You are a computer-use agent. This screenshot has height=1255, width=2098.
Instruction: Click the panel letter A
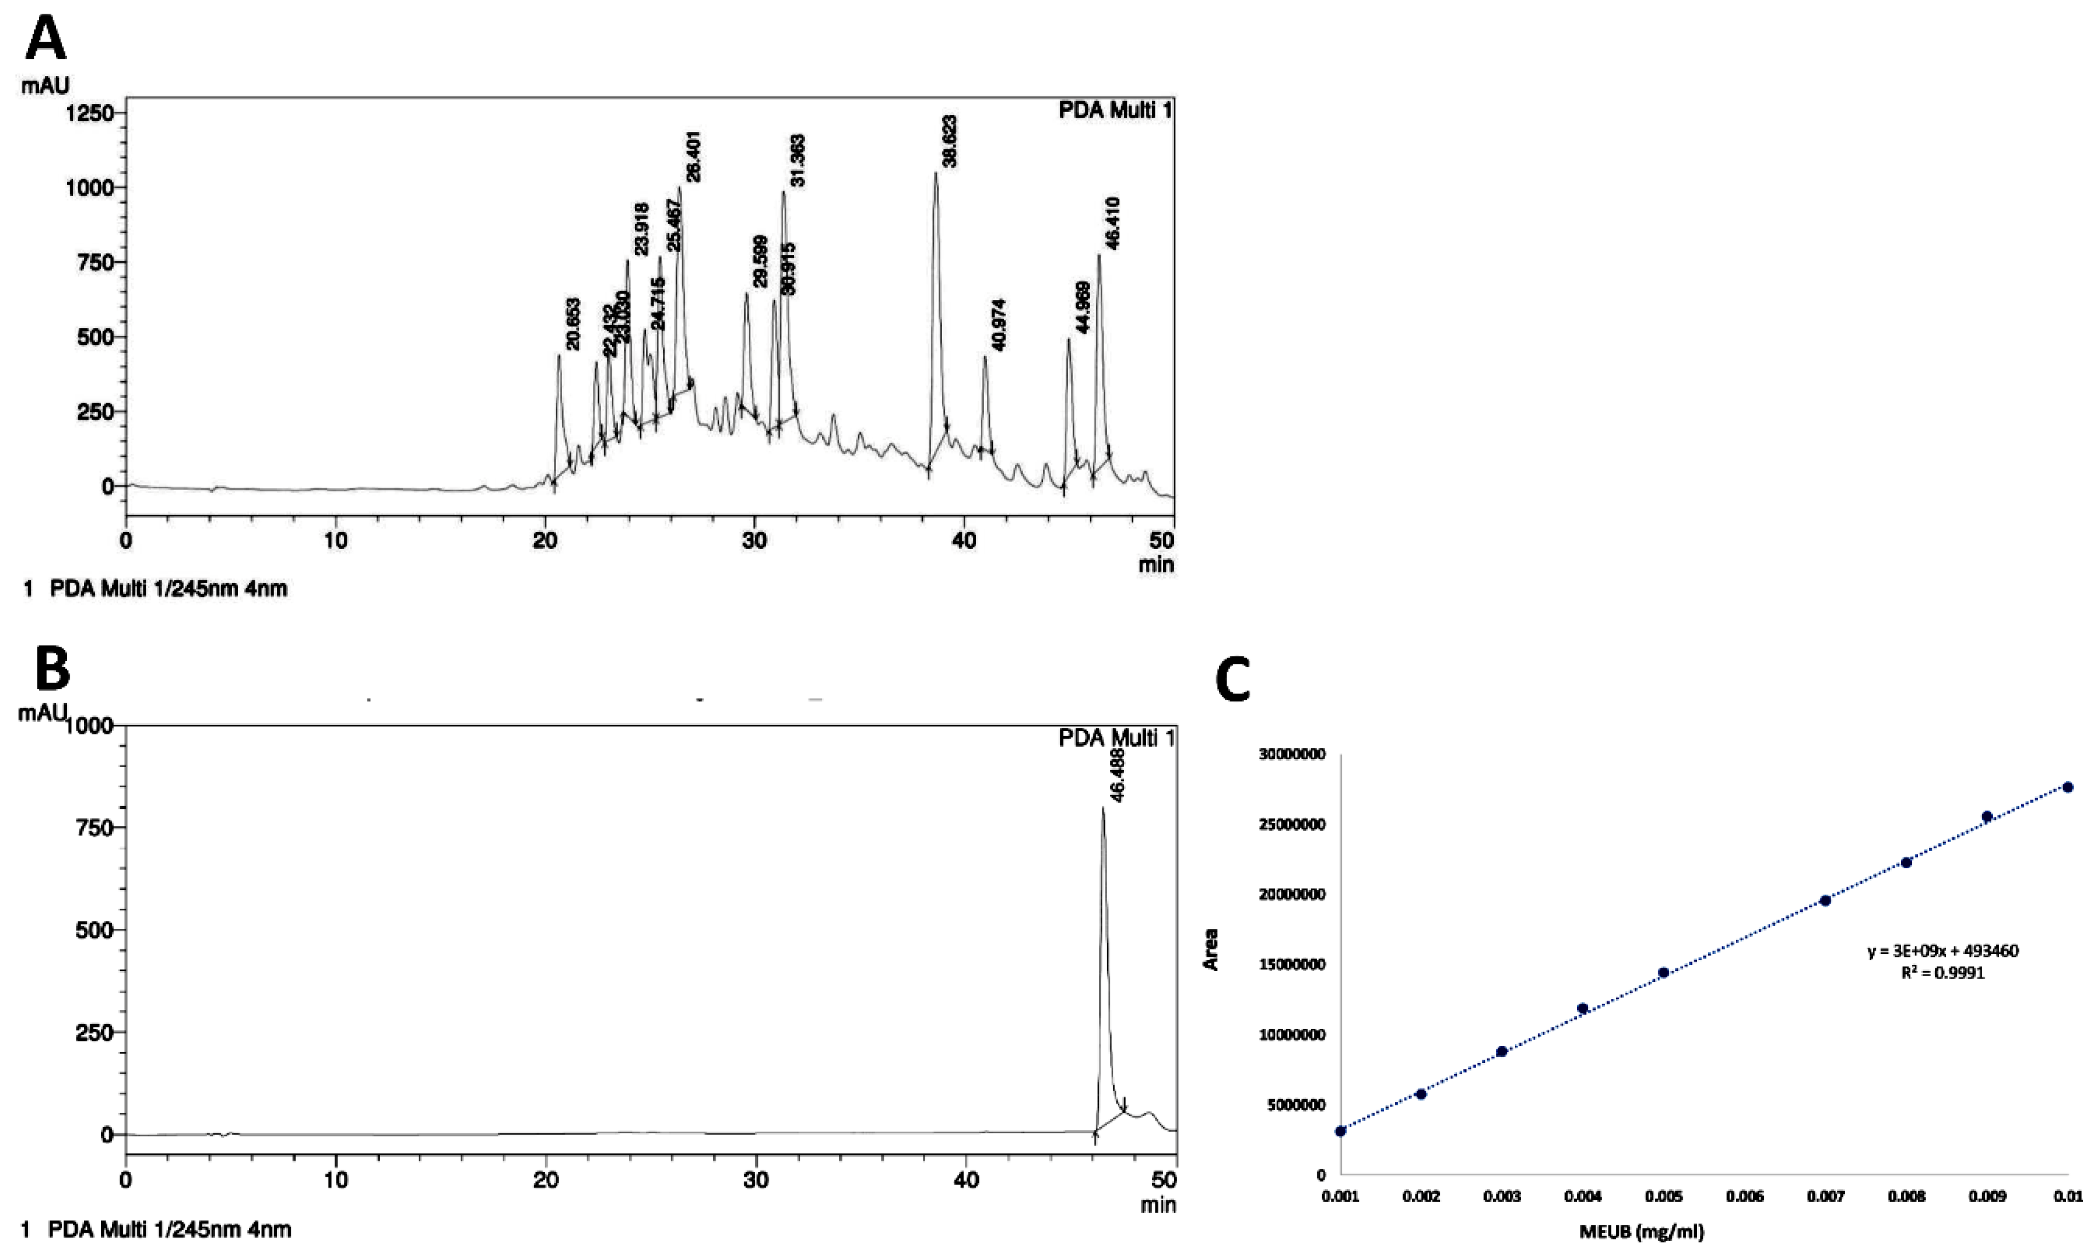46,38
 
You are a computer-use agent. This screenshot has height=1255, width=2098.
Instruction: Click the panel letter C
1232,681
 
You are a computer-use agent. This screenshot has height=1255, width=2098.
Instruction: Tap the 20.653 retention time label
573,324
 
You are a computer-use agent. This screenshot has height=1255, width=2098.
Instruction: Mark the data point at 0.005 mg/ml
1663,973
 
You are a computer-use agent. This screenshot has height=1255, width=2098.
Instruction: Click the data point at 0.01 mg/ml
2068,787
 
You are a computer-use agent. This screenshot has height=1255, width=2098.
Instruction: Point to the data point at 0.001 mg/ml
1341,1130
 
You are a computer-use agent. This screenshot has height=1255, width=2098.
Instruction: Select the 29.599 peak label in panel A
759,261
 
